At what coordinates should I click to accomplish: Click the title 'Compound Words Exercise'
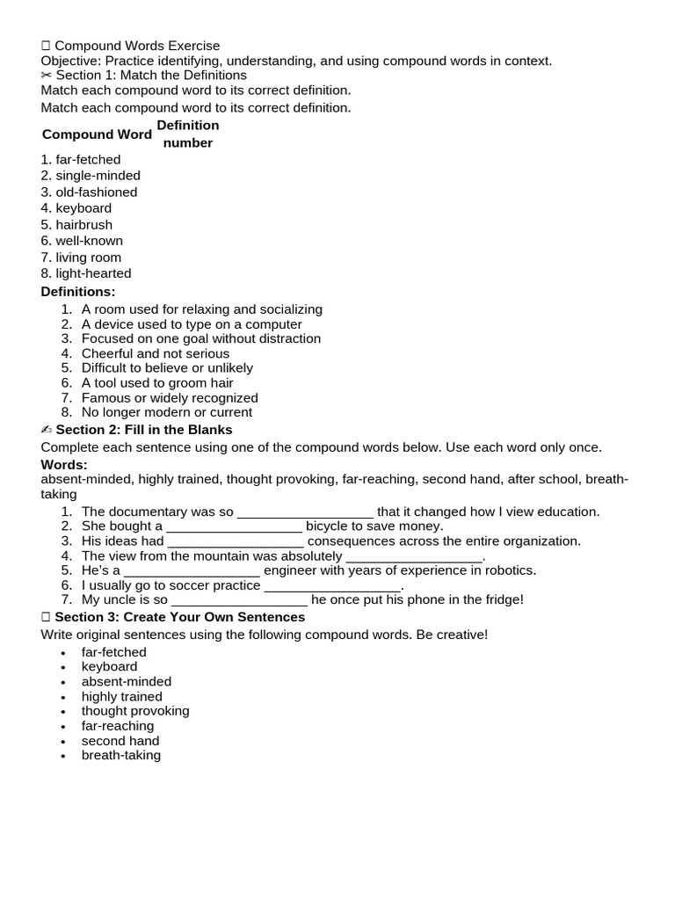(137, 46)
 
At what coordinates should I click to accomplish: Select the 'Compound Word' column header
(97, 134)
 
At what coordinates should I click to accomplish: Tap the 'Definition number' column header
(188, 134)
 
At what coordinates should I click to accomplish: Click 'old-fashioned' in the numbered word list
(96, 192)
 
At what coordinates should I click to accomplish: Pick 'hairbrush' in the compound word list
(83, 224)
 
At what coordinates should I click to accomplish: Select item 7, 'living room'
(89, 257)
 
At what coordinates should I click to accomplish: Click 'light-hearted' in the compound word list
(93, 273)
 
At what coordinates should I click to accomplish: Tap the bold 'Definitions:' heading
(78, 292)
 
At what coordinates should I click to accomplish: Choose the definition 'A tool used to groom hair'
(157, 383)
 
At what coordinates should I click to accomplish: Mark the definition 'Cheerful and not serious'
(156, 353)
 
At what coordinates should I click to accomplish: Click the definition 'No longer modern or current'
(167, 412)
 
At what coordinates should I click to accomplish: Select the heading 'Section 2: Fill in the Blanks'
(144, 430)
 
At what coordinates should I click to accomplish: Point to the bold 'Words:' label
(64, 464)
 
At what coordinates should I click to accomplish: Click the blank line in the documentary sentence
(305, 512)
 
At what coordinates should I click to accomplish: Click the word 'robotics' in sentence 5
(508, 570)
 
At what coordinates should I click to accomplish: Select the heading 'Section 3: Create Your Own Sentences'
(180, 617)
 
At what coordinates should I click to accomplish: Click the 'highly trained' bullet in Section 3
(122, 696)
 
